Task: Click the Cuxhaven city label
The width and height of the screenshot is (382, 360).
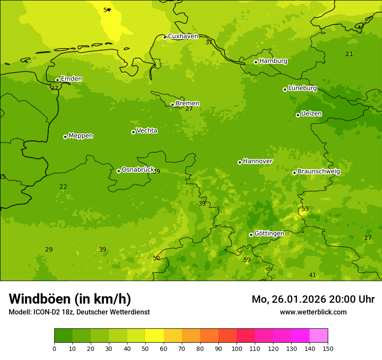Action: pyautogui.click(x=183, y=36)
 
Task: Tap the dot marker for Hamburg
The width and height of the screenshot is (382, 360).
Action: pyautogui.click(x=256, y=62)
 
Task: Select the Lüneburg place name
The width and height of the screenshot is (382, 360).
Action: pyautogui.click(x=303, y=88)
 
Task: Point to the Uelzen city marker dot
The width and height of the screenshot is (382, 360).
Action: pyautogui.click(x=298, y=115)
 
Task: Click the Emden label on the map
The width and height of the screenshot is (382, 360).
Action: pyautogui.click(x=71, y=79)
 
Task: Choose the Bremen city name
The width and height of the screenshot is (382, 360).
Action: pyautogui.click(x=188, y=104)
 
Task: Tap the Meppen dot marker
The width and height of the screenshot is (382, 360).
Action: pyautogui.click(x=65, y=137)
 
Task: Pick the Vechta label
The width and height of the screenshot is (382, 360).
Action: pyautogui.click(x=147, y=131)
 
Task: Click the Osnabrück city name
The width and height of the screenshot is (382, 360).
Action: pyautogui.click(x=138, y=170)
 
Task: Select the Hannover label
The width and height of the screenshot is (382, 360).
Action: pyautogui.click(x=257, y=161)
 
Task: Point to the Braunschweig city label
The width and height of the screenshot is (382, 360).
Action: pyautogui.click(x=319, y=172)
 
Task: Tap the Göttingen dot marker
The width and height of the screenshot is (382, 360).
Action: pyautogui.click(x=251, y=235)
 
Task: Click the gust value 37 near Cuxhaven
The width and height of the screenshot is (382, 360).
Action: pyautogui.click(x=209, y=43)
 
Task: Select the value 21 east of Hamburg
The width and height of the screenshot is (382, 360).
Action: pyautogui.click(x=349, y=54)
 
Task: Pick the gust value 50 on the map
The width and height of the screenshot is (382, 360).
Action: pyautogui.click(x=156, y=259)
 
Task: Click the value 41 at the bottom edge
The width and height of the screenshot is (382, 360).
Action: pyautogui.click(x=313, y=275)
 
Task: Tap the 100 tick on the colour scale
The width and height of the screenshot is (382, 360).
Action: pyautogui.click(x=237, y=348)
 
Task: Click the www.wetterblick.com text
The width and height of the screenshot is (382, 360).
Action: pyautogui.click(x=313, y=312)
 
